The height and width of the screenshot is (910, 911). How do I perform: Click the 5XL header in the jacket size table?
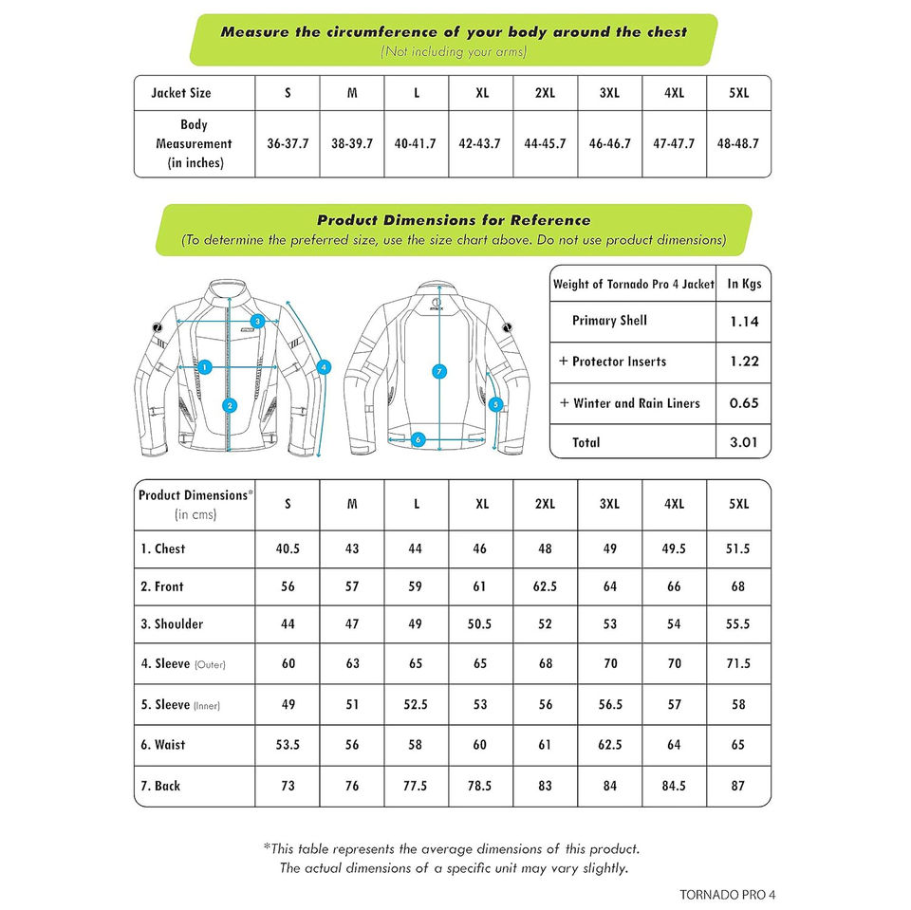click(738, 93)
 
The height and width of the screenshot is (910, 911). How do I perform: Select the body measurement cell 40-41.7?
click(416, 144)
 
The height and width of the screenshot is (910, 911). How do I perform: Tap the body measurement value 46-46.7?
click(609, 144)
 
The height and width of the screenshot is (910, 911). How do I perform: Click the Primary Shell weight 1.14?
click(744, 322)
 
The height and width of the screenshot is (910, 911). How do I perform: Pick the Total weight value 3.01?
click(744, 442)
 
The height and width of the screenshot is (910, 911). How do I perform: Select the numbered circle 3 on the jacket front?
click(257, 321)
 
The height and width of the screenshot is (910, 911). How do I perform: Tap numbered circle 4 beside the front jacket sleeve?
click(324, 366)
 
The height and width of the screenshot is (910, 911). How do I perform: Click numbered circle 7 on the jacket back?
click(438, 372)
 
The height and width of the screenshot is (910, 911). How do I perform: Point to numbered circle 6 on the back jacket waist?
click(418, 439)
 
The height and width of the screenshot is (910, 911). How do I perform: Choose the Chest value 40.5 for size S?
click(288, 549)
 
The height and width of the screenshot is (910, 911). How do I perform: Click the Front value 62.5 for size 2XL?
click(545, 587)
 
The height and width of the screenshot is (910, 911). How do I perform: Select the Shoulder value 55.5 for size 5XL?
click(738, 624)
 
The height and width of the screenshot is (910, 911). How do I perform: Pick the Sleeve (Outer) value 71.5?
click(738, 664)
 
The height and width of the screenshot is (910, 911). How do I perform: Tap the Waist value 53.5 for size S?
click(288, 745)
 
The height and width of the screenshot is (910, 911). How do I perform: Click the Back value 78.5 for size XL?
click(480, 786)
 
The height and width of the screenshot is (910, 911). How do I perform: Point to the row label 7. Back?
click(160, 786)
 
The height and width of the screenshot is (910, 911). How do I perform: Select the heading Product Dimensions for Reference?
click(454, 220)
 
